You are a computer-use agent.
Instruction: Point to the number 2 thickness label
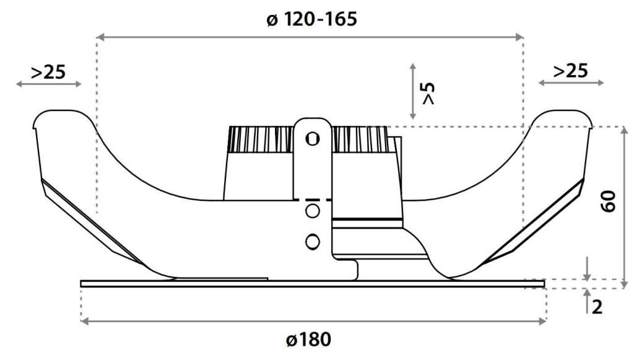[597, 306]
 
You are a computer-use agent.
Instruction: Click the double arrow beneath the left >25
[48, 84]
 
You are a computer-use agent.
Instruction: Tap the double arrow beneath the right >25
[570, 82]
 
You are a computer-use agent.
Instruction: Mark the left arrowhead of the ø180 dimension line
[85, 321]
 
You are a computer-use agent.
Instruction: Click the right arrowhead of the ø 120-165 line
[520, 38]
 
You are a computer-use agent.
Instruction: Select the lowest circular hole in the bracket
[313, 240]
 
